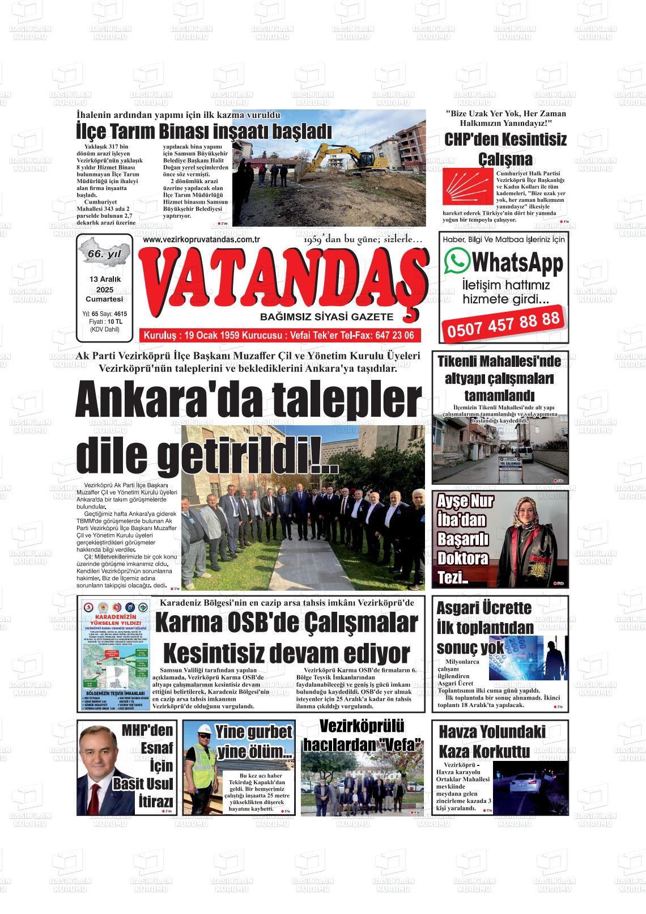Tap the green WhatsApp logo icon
click(x=457, y=260)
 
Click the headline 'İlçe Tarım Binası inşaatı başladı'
click(x=203, y=132)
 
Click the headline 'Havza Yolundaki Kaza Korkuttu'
click(x=484, y=742)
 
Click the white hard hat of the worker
click(x=205, y=734)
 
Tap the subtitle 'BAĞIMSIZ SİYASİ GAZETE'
click(x=326, y=316)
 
